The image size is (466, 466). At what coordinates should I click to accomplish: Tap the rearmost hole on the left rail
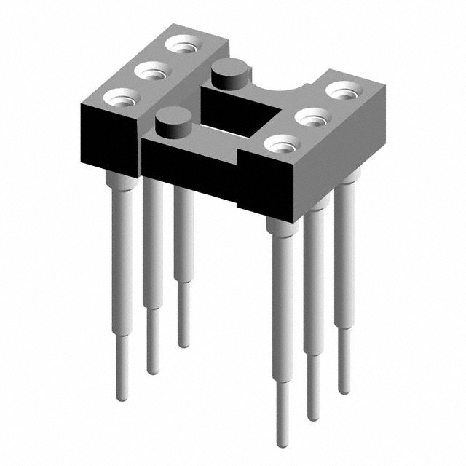pyautogui.click(x=183, y=44)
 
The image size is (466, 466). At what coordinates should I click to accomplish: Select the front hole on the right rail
pyautogui.click(x=280, y=143)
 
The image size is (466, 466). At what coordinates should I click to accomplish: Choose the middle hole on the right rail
pyautogui.click(x=311, y=116)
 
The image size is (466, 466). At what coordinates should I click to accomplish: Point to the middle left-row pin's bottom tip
pyautogui.click(x=153, y=370)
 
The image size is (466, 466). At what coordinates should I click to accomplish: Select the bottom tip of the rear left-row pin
pyautogui.click(x=183, y=343)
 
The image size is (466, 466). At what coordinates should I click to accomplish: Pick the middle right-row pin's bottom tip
pyautogui.click(x=313, y=416)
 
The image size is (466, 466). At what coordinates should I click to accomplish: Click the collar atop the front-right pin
pyautogui.click(x=282, y=225)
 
